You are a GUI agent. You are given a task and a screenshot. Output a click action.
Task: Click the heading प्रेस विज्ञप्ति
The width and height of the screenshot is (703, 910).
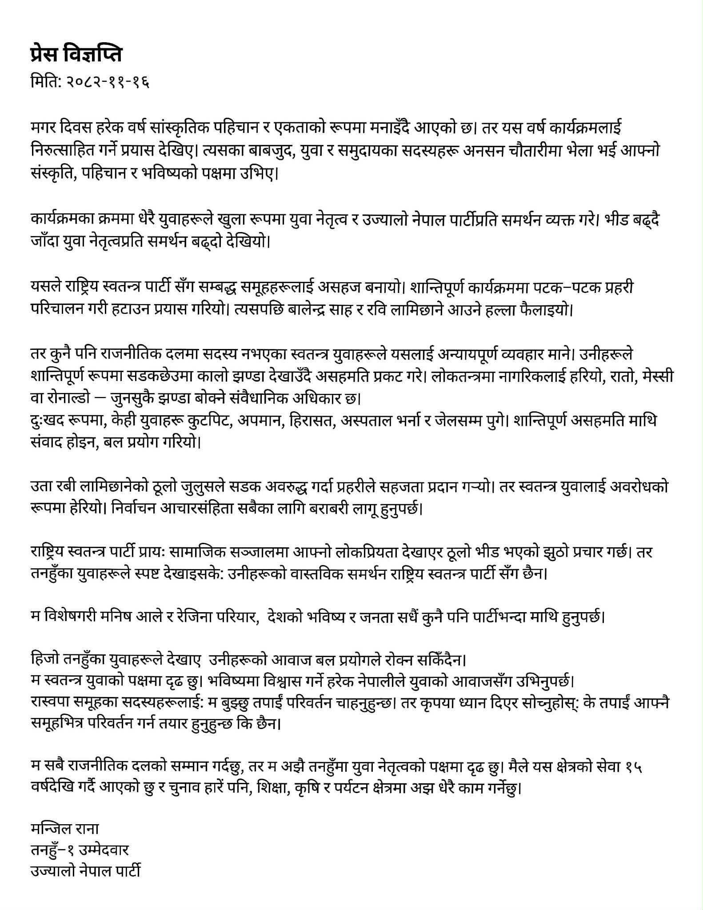(76, 54)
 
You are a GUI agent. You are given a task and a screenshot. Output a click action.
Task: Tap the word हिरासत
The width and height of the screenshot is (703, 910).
(311, 421)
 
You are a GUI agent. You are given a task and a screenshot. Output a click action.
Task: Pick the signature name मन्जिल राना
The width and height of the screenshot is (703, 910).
(65, 829)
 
